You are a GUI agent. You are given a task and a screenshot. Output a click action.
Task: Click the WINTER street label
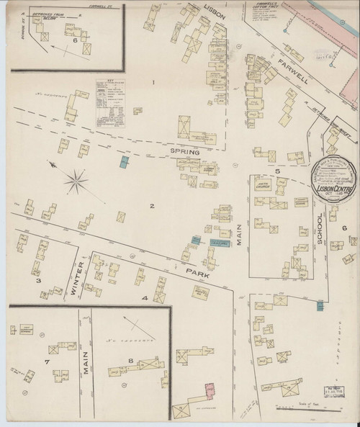coord(80,279)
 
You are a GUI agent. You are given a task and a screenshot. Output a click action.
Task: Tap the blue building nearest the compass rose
coord(124,161)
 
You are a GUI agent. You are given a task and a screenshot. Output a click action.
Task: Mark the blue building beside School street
coord(319,307)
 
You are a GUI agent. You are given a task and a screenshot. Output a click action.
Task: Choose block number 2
coord(152,206)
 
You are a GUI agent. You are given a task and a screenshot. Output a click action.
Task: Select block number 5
coord(276,171)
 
